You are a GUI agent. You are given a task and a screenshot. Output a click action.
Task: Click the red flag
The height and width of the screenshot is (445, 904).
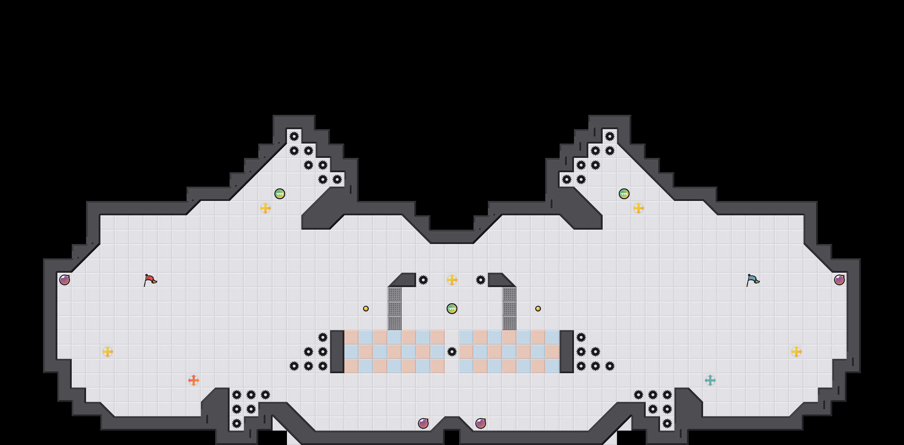pos(150,280)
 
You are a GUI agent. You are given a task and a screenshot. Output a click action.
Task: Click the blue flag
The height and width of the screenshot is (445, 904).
pos(753,280)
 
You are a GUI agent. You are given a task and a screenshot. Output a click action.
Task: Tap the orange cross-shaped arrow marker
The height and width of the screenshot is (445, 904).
pos(194,380)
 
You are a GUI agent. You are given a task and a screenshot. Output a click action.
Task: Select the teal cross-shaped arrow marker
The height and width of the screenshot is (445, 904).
pos(710,380)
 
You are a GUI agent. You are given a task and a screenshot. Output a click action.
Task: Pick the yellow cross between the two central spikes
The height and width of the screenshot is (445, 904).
pos(452,280)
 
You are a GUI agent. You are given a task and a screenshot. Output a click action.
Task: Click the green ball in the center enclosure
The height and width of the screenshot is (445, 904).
pos(452,309)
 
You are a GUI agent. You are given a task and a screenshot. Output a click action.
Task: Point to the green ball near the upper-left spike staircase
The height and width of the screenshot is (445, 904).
pos(280,194)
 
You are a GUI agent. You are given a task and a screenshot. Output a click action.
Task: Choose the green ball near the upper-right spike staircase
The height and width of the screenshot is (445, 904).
pos(624,194)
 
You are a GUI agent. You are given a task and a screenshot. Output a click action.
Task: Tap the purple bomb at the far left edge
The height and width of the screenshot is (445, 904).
pos(65,280)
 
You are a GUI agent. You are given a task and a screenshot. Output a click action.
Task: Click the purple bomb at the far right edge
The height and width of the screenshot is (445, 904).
pos(839,280)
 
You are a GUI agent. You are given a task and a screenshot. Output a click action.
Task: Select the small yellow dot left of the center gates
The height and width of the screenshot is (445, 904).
pos(366,309)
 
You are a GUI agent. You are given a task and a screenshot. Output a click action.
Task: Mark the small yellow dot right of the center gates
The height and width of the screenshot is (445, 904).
pos(538,309)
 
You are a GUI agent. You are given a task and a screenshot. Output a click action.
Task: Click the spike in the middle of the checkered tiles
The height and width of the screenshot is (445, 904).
pos(452,352)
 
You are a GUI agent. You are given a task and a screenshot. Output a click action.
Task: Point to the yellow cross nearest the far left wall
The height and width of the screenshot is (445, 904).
pos(108,352)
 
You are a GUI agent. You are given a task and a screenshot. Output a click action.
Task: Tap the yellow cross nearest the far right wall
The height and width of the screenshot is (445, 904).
pos(796,352)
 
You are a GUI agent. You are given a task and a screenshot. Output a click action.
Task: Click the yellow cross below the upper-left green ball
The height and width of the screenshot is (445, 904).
pos(265,208)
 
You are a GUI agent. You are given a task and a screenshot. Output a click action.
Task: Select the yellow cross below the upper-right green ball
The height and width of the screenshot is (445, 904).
pos(639,208)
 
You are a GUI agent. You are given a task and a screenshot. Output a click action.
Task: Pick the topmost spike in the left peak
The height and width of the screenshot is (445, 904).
pos(294,136)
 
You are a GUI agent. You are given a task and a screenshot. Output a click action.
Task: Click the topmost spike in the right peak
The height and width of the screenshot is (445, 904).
pos(610,136)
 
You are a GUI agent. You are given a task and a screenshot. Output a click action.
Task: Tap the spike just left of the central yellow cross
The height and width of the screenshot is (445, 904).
pos(423,280)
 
